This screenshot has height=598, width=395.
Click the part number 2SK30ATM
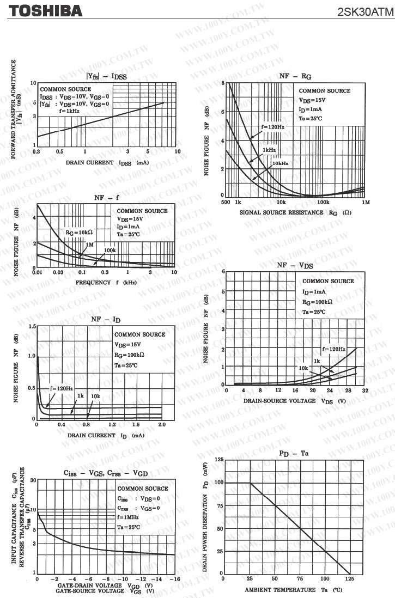365,11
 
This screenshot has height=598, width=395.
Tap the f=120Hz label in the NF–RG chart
272,126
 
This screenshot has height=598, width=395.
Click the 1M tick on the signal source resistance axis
365,202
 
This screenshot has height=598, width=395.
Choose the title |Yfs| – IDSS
106,77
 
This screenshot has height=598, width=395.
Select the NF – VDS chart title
294,265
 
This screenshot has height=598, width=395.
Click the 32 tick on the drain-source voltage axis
365,390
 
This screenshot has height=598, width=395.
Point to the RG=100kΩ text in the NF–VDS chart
321,301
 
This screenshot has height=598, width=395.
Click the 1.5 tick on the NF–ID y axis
31,326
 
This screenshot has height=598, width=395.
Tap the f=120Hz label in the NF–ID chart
62,388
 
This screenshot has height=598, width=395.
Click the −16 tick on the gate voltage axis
174,579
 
